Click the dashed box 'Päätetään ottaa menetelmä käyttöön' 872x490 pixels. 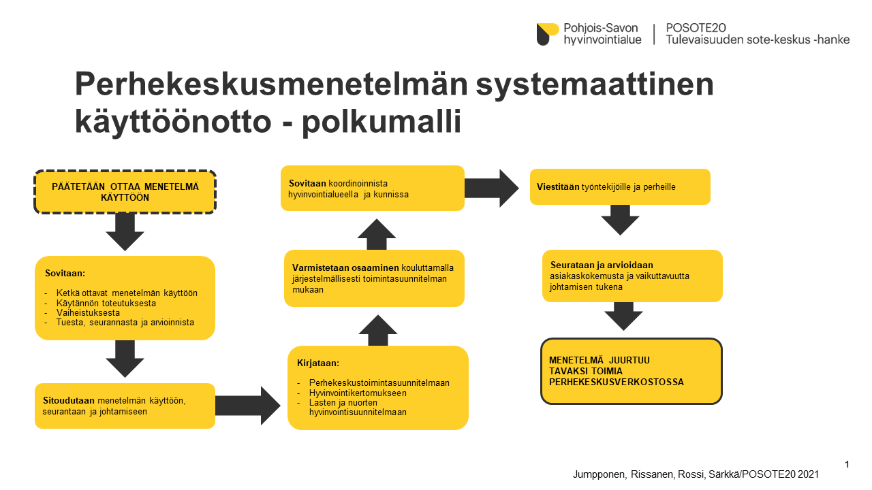[x=125, y=192]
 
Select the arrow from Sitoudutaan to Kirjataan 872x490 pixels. [x=247, y=406]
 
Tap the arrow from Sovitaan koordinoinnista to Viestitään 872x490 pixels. [x=492, y=189]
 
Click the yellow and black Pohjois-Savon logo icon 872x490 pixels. [x=547, y=34]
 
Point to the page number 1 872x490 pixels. [x=847, y=464]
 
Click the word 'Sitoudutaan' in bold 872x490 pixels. [x=69, y=401]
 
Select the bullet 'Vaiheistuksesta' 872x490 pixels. [x=88, y=312]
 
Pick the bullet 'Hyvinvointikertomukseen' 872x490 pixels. [x=358, y=393]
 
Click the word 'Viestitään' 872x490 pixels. [x=558, y=186]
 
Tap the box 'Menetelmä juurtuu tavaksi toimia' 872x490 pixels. [x=632, y=371]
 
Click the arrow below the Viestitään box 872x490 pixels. [x=620, y=220]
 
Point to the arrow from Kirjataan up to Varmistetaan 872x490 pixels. [x=377, y=330]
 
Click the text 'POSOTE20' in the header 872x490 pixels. [x=696, y=28]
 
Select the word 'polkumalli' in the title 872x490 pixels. [x=381, y=122]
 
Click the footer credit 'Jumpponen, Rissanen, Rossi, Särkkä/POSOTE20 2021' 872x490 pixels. [x=696, y=474]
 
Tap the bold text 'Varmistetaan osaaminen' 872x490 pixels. [x=345, y=267]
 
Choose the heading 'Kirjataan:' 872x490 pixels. [x=318, y=363]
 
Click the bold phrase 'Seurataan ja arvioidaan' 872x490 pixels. [x=602, y=265]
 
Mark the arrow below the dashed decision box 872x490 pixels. [x=125, y=232]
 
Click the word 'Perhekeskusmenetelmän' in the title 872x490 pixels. [x=271, y=84]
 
